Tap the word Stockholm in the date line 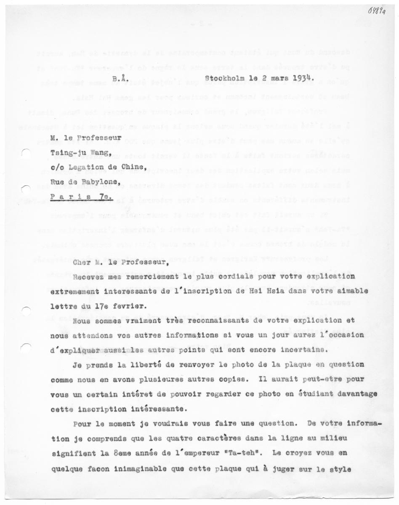click(x=226, y=78)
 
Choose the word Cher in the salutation click(x=81, y=263)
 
